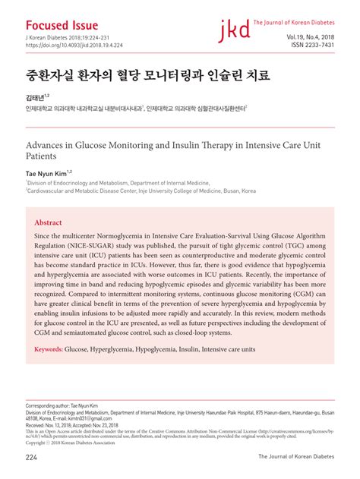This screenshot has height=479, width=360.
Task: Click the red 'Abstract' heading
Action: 49,223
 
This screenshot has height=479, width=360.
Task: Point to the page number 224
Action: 32,457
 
